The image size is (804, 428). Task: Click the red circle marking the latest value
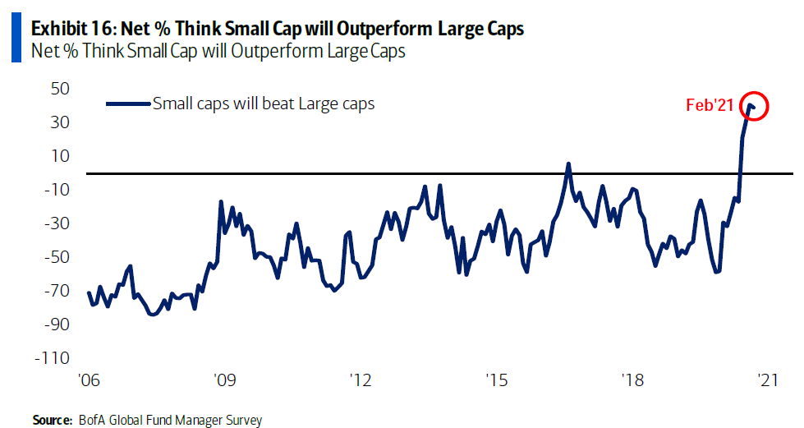(753, 106)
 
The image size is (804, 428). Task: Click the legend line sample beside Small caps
(128, 104)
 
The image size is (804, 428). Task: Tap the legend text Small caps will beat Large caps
(264, 104)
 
